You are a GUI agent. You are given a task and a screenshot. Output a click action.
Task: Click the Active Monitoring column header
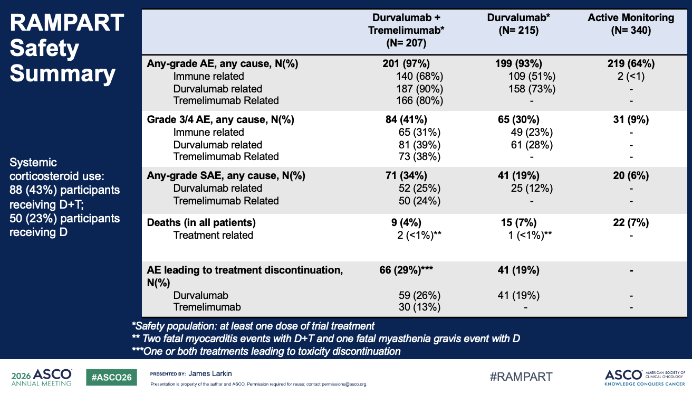(x=631, y=24)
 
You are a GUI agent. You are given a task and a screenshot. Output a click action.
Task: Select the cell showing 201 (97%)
(x=406, y=63)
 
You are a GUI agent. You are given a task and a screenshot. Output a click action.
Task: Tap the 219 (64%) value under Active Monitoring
(x=631, y=63)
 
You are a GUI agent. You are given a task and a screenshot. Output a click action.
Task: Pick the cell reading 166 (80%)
(x=419, y=100)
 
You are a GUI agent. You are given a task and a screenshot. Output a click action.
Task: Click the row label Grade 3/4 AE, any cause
(x=220, y=119)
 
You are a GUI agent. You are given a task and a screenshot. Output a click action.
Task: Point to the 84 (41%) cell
(x=406, y=119)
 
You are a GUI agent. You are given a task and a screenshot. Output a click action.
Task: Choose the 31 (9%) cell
(x=631, y=119)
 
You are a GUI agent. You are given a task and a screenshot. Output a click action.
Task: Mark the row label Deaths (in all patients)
(x=201, y=222)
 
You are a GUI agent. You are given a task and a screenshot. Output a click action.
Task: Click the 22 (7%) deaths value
(x=631, y=222)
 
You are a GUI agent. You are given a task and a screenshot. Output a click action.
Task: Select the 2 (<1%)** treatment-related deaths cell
(x=419, y=235)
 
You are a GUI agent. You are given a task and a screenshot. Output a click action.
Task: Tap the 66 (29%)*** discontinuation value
(x=406, y=270)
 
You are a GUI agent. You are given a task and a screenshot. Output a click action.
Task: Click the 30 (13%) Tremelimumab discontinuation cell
(x=419, y=307)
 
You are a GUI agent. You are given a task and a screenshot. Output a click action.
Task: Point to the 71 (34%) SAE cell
(x=406, y=175)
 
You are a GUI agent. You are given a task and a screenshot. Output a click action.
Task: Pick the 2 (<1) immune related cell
(x=631, y=76)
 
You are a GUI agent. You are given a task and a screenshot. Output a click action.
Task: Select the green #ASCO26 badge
(x=111, y=377)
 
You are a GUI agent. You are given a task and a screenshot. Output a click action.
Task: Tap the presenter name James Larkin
(x=210, y=373)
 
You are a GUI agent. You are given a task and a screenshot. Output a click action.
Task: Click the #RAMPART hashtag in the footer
(x=521, y=377)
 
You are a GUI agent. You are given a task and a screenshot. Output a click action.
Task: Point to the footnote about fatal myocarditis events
(x=326, y=339)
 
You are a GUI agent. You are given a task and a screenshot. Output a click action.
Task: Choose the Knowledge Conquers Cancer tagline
(x=645, y=384)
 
